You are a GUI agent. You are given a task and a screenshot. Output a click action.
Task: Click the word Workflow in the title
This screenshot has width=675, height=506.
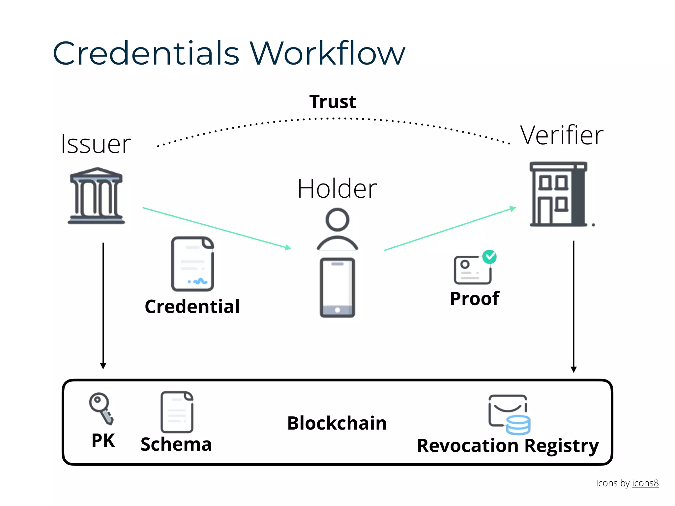click(327, 53)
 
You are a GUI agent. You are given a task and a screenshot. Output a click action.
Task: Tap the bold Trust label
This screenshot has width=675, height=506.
click(333, 101)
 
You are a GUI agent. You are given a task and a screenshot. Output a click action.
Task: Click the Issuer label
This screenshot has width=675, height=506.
click(96, 144)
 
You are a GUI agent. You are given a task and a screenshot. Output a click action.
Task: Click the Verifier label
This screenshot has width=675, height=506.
click(562, 135)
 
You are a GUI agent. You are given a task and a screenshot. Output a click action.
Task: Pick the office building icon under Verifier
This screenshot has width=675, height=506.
click(558, 194)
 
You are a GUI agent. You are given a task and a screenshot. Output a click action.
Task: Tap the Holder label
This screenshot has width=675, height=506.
click(337, 188)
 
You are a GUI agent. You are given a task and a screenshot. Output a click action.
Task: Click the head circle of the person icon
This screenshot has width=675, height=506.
click(337, 220)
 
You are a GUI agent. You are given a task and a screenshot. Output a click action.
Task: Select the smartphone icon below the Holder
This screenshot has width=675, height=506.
click(337, 287)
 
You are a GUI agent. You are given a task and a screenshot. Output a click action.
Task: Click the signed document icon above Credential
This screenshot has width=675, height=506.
click(193, 264)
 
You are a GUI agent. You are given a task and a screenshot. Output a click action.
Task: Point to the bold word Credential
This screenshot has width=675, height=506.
click(192, 306)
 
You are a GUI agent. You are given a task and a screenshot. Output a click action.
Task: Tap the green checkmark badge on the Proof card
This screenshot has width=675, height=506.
click(489, 257)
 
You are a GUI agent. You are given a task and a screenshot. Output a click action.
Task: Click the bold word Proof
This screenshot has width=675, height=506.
click(475, 298)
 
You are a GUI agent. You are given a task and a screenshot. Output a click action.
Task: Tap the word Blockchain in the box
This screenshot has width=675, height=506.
click(337, 423)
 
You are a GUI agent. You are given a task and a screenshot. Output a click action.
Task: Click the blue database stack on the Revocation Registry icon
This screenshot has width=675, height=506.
click(518, 425)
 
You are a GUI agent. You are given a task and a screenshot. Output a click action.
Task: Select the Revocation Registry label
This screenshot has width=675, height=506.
click(508, 446)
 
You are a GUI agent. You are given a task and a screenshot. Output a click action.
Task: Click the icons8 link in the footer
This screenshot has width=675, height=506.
click(645, 483)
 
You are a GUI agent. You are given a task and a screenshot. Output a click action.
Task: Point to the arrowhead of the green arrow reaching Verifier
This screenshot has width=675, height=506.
click(513, 209)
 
